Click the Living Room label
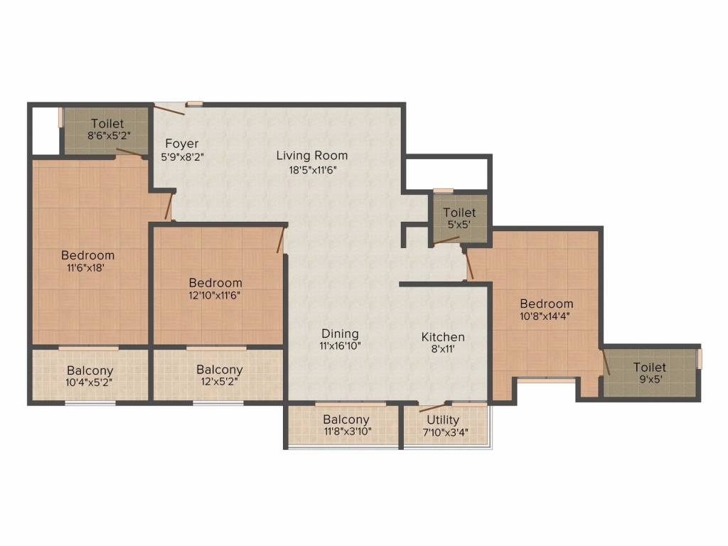pos(312,156)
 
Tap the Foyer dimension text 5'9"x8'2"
pos(183,157)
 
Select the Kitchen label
pos(443,337)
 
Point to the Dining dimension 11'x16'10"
pos(341,346)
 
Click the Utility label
pos(443,420)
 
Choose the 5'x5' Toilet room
pos(460,218)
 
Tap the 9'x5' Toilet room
pos(650,373)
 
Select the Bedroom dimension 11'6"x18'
pos(86,268)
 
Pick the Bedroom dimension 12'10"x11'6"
pos(215,295)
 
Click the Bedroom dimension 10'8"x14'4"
pos(545,316)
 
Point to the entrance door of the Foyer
pos(169,110)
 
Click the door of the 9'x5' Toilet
pos(606,362)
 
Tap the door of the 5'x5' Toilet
pos(446,240)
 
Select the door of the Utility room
pos(433,408)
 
